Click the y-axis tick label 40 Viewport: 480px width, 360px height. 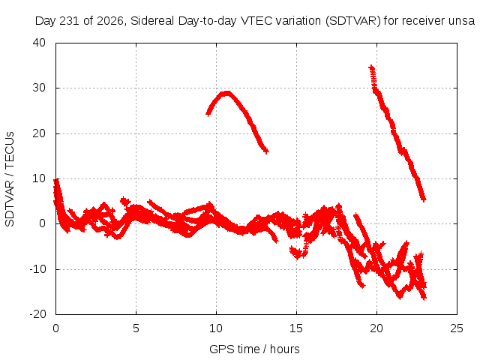[39, 43]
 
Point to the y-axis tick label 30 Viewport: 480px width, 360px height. [39, 88]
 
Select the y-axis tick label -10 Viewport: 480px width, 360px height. [37, 269]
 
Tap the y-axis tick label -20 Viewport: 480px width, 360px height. [37, 314]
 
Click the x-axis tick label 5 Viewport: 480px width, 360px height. [136, 328]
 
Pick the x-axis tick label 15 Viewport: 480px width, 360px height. [296, 328]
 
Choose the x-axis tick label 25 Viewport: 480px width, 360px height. [457, 328]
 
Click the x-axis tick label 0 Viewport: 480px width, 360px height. [55, 328]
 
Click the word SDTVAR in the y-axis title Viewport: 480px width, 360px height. [10, 203]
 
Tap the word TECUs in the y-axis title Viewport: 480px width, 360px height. [10, 149]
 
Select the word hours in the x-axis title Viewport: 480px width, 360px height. [285, 349]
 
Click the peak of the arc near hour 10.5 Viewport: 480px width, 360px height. [226, 93]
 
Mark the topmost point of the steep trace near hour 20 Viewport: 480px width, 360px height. [371, 67]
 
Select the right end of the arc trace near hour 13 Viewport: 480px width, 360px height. [266, 151]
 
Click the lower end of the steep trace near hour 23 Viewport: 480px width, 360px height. [424, 199]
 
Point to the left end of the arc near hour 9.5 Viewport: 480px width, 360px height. [208, 114]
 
